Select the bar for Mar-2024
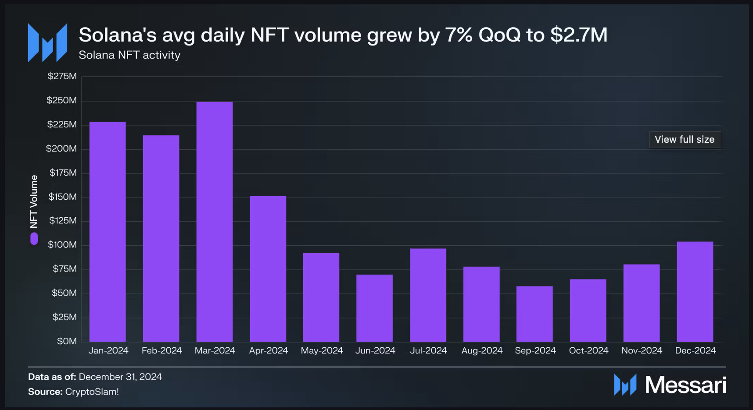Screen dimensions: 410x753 click(x=215, y=222)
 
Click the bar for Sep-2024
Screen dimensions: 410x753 click(x=534, y=314)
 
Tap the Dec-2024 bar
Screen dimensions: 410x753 click(x=695, y=292)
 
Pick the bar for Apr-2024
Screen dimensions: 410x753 click(x=268, y=269)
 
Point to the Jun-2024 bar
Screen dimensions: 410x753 click(x=374, y=308)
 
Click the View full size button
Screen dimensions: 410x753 click(x=685, y=140)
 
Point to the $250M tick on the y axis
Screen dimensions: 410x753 click(x=62, y=100)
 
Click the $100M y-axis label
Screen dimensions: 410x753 click(x=62, y=245)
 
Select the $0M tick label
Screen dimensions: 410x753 click(x=67, y=341)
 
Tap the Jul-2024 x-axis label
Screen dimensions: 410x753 click(x=428, y=351)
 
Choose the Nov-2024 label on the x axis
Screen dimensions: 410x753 click(x=642, y=351)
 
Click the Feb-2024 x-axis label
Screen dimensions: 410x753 click(x=161, y=351)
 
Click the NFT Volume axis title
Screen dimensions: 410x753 click(x=34, y=201)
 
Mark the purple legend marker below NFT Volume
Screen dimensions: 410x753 click(x=34, y=239)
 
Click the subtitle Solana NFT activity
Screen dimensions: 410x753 click(x=129, y=55)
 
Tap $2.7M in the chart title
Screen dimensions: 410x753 click(x=579, y=35)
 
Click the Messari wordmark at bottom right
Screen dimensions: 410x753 click(x=685, y=385)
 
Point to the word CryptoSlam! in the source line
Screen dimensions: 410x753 click(x=92, y=392)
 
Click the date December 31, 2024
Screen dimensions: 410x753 click(x=120, y=377)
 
